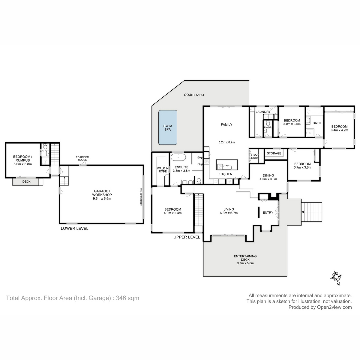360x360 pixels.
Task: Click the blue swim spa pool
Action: pyautogui.click(x=168, y=127)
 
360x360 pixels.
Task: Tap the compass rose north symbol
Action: pyautogui.click(x=336, y=277)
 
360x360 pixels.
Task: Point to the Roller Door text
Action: pyautogui.click(x=140, y=197)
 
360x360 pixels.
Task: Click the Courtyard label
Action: pyautogui.click(x=194, y=95)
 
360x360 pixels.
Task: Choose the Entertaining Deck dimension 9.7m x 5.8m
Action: pyautogui.click(x=245, y=263)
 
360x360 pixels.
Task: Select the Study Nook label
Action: pyautogui.click(x=255, y=156)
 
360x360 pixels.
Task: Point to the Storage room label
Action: pyautogui.click(x=274, y=153)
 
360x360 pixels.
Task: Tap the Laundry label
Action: pyautogui.click(x=263, y=112)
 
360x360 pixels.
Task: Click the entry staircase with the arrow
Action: pyautogui.click(x=312, y=212)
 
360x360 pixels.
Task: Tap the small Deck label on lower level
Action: pyautogui.click(x=26, y=181)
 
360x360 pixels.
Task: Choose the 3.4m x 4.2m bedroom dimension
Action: pyautogui.click(x=339, y=130)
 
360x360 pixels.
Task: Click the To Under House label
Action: pyautogui.click(x=82, y=158)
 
